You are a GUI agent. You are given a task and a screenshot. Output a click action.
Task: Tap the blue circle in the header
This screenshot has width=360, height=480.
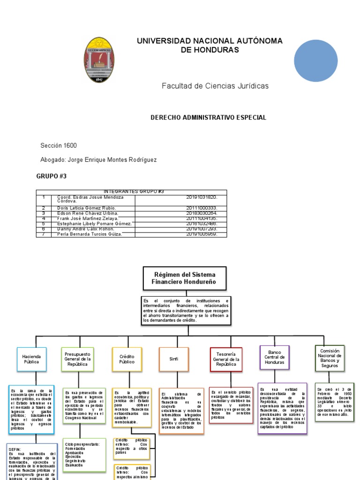(x=315, y=60)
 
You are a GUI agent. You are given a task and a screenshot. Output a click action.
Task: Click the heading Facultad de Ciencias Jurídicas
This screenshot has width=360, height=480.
(x=215, y=86)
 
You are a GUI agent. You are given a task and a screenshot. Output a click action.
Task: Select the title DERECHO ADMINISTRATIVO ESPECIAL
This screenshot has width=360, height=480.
(x=208, y=117)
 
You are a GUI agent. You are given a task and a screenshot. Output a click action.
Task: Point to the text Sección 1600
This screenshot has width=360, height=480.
(x=59, y=146)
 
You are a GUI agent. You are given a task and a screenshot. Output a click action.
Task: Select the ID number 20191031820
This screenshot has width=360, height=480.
(x=202, y=197)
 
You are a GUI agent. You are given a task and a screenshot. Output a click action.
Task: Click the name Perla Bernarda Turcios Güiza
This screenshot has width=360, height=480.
(x=90, y=234)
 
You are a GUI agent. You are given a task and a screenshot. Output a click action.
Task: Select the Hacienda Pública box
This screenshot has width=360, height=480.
(x=32, y=360)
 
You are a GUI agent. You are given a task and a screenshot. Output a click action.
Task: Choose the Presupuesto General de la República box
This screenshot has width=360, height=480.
(x=77, y=360)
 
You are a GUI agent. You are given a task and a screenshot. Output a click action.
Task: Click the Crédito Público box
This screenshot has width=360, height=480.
(x=127, y=360)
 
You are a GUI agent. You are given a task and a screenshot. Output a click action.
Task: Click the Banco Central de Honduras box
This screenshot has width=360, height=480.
(x=274, y=358)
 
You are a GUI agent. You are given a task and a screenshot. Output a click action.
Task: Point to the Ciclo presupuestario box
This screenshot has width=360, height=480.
(x=83, y=455)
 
